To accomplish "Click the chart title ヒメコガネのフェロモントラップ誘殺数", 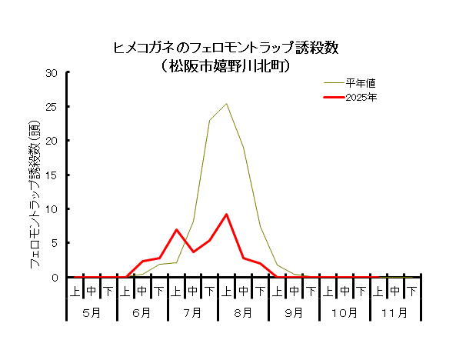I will click(226, 48).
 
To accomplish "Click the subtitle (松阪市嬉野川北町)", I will click(226, 66).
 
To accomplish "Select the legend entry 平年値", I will click(360, 82).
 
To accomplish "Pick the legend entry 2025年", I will click(360, 98).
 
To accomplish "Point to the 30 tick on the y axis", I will click(52, 73).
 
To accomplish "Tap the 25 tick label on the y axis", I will click(52, 107).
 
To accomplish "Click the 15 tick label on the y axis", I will click(52, 175).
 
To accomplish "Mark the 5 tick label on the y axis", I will click(55, 242).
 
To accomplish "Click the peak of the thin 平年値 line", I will click(226, 104).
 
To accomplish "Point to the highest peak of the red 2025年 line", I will click(226, 215).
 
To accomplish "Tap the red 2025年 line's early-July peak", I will click(176, 229).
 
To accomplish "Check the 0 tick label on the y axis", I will click(55, 277).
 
